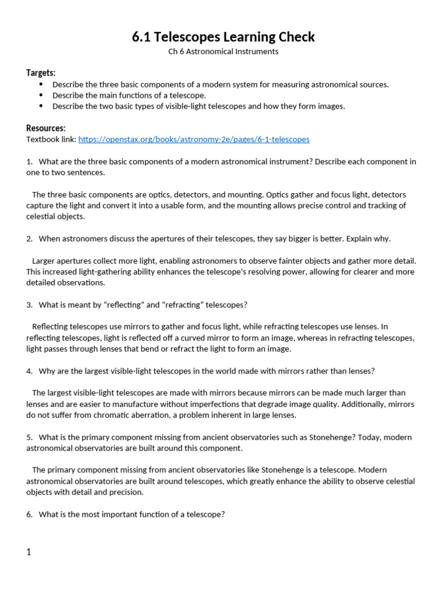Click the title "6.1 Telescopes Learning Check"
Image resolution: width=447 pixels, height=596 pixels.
223,37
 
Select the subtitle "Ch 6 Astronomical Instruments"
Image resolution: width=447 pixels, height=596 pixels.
223,52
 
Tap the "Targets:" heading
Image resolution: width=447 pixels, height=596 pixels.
41,73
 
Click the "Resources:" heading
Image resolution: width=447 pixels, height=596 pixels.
46,128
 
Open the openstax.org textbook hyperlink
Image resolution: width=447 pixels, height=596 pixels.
194,140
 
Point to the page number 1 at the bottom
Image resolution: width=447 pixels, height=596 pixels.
29,552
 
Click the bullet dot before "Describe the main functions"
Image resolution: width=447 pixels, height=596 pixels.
41,95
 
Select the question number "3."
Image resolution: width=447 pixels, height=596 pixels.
30,305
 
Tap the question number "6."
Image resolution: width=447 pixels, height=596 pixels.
30,515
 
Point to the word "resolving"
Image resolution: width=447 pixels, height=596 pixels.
262,272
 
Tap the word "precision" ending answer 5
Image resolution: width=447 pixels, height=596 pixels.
127,492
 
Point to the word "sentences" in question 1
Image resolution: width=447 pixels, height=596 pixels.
88,173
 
